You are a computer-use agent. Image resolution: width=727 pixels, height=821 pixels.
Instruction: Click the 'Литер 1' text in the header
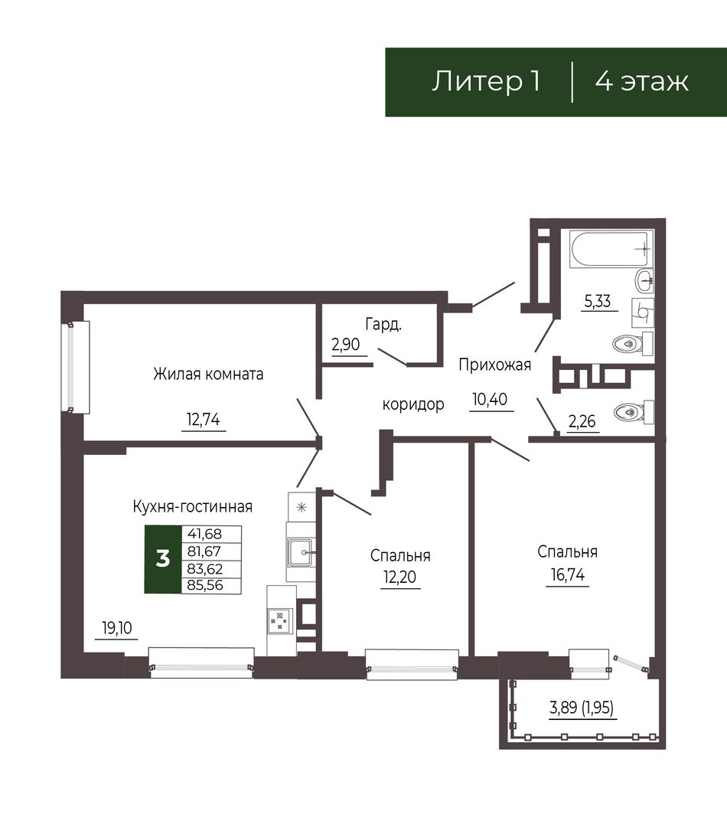(x=486, y=82)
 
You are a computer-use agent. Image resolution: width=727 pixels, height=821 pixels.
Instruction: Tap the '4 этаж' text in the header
(x=642, y=82)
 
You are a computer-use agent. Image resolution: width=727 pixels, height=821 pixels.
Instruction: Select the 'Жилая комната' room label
(x=208, y=375)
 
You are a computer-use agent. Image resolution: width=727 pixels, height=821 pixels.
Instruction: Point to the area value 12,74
(x=204, y=420)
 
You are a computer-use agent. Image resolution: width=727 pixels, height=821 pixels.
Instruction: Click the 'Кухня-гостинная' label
(x=193, y=507)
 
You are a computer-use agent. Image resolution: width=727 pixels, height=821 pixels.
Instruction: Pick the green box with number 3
(x=163, y=559)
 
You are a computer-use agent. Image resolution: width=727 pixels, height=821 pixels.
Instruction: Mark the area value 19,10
(x=117, y=627)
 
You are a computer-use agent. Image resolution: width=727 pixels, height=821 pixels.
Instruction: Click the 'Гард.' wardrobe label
(x=383, y=325)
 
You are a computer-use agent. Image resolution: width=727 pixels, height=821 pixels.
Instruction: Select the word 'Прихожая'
(x=495, y=365)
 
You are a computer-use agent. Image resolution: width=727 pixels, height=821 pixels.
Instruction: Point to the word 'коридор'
(x=413, y=404)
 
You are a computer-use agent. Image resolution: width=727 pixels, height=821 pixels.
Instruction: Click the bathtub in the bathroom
(x=611, y=250)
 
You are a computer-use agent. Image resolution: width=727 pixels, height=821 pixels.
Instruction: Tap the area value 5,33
(x=598, y=301)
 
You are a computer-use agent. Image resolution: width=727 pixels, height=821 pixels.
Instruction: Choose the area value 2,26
(x=582, y=421)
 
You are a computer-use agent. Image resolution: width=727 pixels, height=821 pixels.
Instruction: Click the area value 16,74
(x=568, y=575)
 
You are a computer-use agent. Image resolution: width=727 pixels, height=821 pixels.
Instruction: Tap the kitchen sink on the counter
(x=301, y=552)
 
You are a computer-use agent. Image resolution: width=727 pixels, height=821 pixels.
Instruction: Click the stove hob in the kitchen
(x=279, y=620)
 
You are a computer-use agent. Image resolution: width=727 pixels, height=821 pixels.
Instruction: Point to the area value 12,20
(x=399, y=577)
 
